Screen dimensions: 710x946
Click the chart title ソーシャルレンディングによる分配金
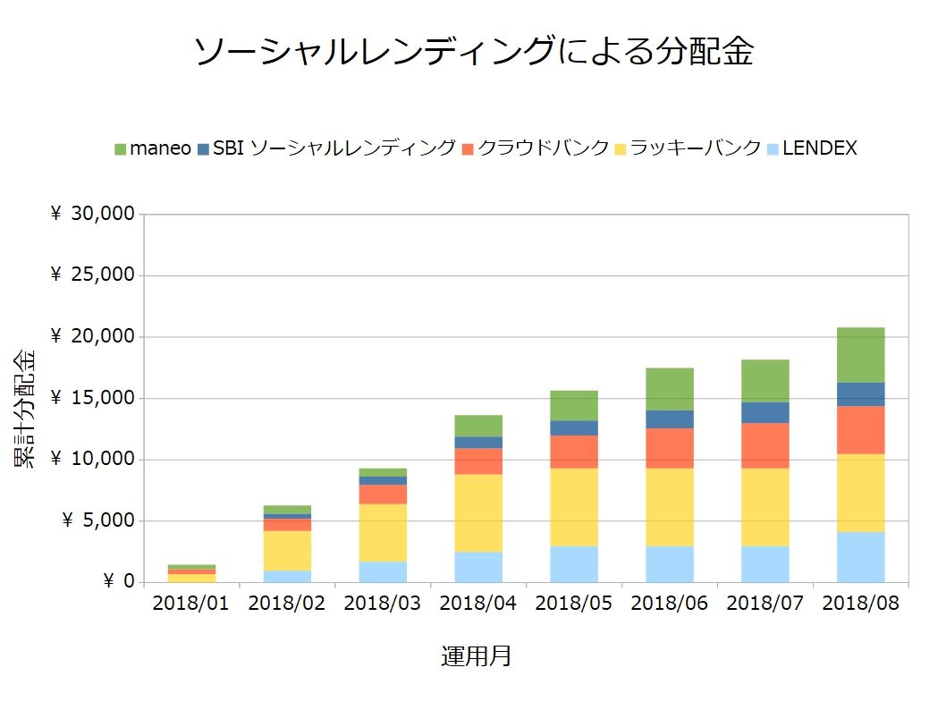pos(473,53)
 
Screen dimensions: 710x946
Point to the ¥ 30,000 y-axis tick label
pos(93,215)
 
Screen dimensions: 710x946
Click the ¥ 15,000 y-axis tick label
pos(93,399)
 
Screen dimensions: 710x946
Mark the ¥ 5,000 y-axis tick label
pos(98,521)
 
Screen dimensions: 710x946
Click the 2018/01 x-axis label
pos(191,604)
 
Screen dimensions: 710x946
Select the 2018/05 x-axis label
pos(574,604)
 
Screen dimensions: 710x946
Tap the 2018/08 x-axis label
pos(860,604)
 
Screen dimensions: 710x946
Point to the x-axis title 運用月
pos(476,656)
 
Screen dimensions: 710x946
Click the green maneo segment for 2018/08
pos(860,355)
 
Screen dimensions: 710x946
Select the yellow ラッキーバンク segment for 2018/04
pos(478,512)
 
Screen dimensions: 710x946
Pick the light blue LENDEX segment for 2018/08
pos(860,557)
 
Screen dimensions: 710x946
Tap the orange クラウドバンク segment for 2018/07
pos(764,445)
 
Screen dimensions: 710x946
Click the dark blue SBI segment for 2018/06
pos(670,419)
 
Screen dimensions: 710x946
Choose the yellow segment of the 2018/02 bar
pos(287,551)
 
